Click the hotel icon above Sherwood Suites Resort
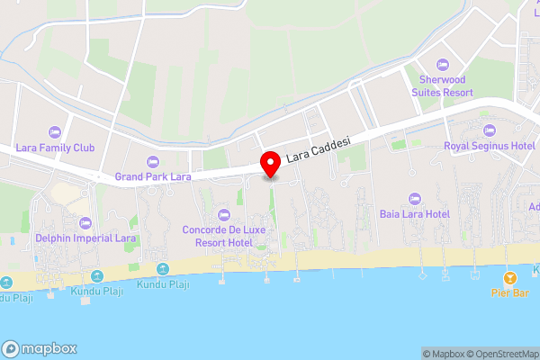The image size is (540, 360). [x=441, y=65]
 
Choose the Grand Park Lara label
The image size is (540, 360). [x=153, y=177]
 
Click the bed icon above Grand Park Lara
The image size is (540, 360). [x=153, y=161]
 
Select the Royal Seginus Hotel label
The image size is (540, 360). [x=490, y=145]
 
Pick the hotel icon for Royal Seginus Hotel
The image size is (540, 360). [x=490, y=129]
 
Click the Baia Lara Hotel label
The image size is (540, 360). [x=414, y=214]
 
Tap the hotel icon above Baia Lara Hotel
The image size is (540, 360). [x=414, y=198]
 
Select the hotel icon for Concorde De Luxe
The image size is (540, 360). [x=223, y=214]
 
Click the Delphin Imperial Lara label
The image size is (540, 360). [x=85, y=238]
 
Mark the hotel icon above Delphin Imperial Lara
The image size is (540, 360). [x=85, y=222]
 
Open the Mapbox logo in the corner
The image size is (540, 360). [x=40, y=349]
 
